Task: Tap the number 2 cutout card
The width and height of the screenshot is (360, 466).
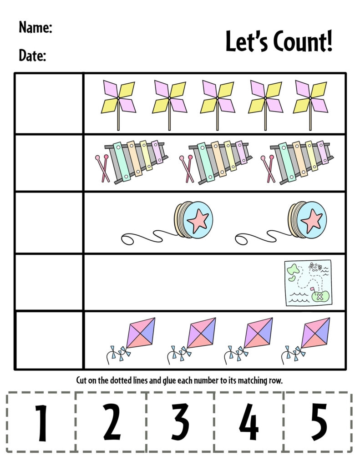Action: pos(112,423)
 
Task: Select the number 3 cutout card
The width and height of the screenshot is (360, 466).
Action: pos(180,423)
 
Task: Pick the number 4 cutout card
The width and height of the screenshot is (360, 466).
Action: pos(249,423)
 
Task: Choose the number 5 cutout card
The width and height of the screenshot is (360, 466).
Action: pos(319,423)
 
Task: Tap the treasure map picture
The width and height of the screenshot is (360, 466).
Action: pos(308,283)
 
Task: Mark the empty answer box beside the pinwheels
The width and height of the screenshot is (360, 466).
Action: pos(49,103)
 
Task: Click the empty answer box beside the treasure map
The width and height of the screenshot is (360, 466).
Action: pos(49,283)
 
